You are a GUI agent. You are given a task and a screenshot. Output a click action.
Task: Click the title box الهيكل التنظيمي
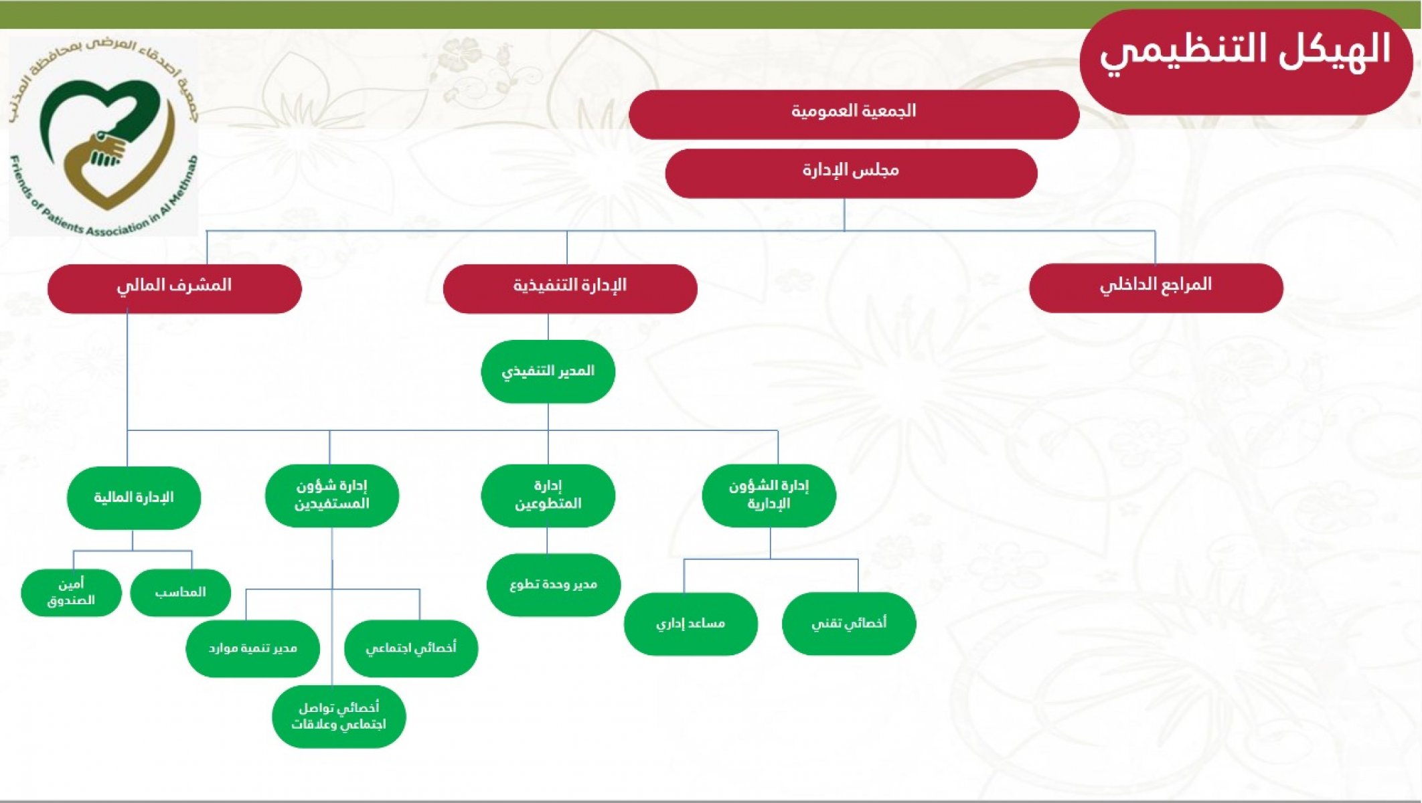(x=1246, y=62)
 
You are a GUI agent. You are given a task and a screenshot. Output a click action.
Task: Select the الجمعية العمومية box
(x=854, y=114)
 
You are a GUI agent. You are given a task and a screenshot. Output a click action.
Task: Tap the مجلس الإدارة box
(x=851, y=173)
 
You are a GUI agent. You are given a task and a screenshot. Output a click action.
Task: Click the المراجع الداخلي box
(x=1156, y=288)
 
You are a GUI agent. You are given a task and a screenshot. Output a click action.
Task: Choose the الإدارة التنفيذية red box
(x=570, y=288)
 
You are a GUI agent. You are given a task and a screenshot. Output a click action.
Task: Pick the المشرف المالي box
(x=174, y=288)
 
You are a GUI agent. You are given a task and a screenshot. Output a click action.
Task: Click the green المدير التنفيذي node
(x=548, y=371)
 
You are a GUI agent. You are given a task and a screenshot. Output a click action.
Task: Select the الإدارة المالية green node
(x=133, y=498)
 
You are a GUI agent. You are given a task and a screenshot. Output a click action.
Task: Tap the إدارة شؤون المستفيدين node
(x=331, y=496)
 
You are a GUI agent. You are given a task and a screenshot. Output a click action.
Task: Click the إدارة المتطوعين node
(x=548, y=496)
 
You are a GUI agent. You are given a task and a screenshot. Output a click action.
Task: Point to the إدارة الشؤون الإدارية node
(x=769, y=496)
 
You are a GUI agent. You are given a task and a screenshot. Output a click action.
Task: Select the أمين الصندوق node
(x=71, y=592)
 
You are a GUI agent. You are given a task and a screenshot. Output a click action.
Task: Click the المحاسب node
(x=180, y=592)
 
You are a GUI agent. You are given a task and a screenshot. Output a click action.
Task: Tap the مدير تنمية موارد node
(x=252, y=648)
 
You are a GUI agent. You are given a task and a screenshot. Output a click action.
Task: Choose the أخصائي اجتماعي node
(x=411, y=648)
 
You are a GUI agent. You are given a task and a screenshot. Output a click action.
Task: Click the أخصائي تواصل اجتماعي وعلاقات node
(x=339, y=716)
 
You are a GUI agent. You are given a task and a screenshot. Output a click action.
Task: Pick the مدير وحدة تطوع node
(x=553, y=585)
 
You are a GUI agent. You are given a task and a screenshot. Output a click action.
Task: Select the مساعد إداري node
(x=690, y=624)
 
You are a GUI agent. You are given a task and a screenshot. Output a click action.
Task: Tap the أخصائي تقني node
(x=848, y=624)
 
